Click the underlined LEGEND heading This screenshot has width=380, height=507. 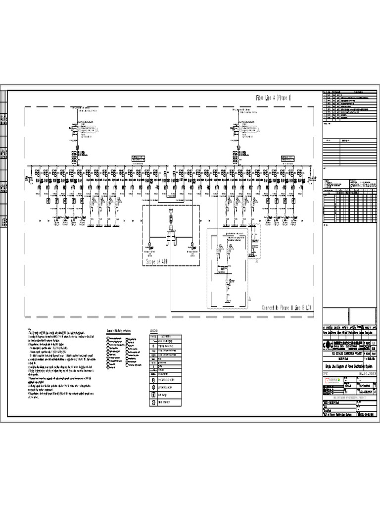(x=153, y=330)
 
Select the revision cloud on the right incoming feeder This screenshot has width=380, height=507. (x=252, y=130)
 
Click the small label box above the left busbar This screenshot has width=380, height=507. (x=138, y=158)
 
